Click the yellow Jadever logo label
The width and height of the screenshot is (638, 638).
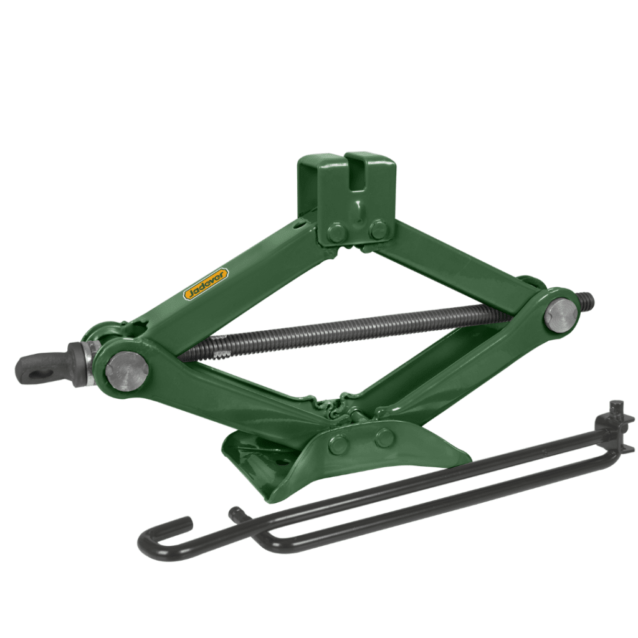(206, 285)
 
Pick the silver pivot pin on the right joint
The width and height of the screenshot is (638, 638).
(560, 315)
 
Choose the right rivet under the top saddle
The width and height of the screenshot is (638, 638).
(378, 230)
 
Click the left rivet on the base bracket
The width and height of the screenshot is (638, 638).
(340, 444)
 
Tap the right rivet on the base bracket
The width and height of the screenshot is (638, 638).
(384, 437)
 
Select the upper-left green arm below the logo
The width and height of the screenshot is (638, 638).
(249, 274)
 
